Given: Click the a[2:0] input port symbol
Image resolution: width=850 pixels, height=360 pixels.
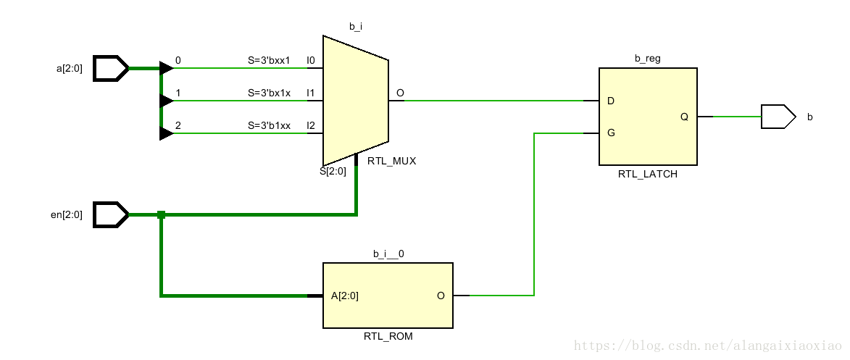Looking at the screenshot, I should (x=111, y=68).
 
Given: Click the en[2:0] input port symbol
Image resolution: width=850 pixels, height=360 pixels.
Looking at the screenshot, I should (x=111, y=214).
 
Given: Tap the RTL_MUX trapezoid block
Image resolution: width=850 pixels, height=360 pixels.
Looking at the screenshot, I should (x=355, y=101).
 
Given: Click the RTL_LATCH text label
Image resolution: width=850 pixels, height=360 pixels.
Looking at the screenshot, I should (x=648, y=175).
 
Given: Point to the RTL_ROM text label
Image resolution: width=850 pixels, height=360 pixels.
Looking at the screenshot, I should (x=388, y=337).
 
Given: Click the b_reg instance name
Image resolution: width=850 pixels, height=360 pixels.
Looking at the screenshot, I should (x=647, y=58).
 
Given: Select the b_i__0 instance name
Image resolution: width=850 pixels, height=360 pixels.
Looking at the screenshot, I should (x=388, y=254).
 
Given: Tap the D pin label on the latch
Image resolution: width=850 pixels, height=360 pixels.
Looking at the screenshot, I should (x=611, y=101).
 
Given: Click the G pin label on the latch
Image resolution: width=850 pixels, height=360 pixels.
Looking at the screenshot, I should (x=611, y=133).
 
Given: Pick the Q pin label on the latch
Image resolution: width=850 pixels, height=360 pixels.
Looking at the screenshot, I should (x=684, y=117).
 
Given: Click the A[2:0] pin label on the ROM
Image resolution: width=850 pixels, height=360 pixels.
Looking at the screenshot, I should (x=344, y=296).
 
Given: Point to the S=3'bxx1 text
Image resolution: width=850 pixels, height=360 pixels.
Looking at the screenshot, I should (x=269, y=60).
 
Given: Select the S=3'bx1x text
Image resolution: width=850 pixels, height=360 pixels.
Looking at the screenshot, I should (x=269, y=93).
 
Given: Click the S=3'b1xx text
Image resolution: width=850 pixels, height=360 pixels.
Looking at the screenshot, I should (x=269, y=125).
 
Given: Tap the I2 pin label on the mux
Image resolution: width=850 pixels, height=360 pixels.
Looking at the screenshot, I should (x=310, y=125).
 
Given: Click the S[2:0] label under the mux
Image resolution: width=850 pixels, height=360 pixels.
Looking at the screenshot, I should (x=333, y=172).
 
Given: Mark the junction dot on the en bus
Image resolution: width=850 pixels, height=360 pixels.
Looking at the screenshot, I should (x=161, y=214).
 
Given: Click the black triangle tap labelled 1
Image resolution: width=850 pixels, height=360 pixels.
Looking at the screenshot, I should (x=166, y=101).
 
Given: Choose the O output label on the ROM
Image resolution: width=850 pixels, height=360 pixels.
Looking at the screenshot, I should (x=441, y=296).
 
